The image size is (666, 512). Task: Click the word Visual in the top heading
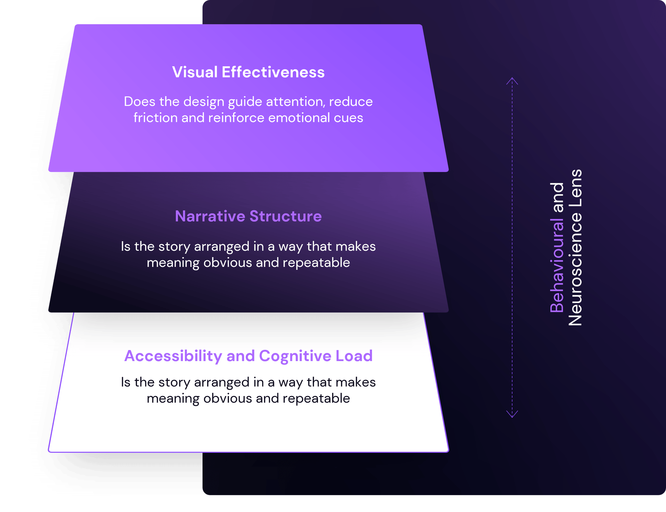click(195, 72)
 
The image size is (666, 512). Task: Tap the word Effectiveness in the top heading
click(273, 72)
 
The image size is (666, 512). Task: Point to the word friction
click(156, 118)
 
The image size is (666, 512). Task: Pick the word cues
click(349, 118)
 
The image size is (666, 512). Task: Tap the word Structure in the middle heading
click(285, 216)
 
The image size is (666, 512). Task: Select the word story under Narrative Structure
click(174, 247)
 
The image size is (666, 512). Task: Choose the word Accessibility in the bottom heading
click(173, 356)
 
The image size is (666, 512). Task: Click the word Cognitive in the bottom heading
click(295, 356)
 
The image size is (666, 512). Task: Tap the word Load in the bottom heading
click(354, 356)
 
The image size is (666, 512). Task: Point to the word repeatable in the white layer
click(316, 398)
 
